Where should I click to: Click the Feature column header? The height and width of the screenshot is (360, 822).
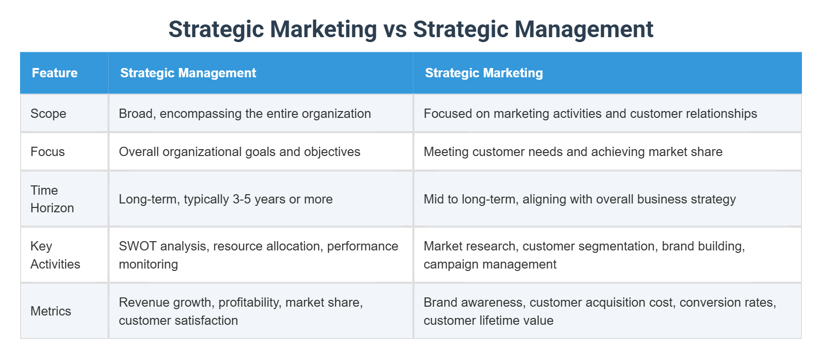click(55, 73)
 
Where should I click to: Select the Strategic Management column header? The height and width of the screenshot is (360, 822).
click(188, 73)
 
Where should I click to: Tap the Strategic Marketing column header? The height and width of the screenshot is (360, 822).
click(483, 73)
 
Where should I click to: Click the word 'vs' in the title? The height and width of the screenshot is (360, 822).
click(395, 29)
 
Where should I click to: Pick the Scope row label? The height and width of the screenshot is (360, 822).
click(48, 113)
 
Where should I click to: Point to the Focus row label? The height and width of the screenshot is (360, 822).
click(47, 152)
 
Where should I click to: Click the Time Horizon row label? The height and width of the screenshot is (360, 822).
click(51, 199)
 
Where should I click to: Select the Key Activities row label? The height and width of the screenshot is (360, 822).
click(55, 255)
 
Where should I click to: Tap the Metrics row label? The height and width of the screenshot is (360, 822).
click(50, 311)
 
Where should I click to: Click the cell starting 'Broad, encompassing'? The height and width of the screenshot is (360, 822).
click(245, 113)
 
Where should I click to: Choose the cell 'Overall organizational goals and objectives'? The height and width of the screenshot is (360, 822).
click(239, 152)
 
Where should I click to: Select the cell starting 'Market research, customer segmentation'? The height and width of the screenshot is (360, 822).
click(584, 255)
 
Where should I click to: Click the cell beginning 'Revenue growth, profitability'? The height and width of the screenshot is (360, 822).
click(241, 311)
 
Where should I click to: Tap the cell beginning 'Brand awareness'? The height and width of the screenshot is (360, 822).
click(599, 311)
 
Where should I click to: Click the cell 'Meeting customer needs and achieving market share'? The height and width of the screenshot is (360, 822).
click(572, 152)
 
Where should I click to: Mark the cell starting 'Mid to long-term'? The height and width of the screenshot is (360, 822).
click(579, 199)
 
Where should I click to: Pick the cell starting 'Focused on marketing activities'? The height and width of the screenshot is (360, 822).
click(590, 113)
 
